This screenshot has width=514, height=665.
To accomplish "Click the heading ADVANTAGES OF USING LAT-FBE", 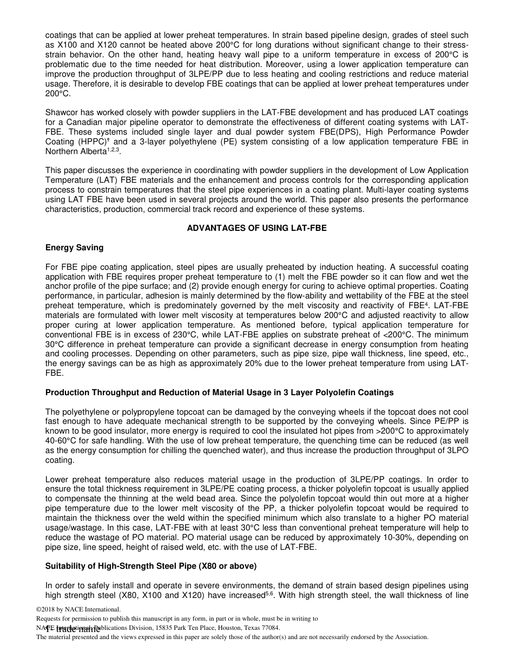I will tap(256, 228).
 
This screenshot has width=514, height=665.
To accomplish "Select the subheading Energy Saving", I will tap(74, 248).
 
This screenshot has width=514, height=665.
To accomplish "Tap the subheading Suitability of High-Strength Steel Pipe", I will tap(151, 566).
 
